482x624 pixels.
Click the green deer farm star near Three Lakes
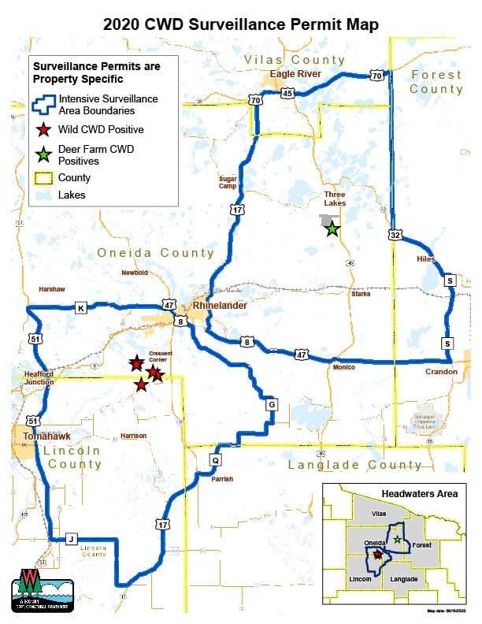(x=332, y=228)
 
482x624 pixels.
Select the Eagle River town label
(x=296, y=75)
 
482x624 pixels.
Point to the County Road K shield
(x=80, y=306)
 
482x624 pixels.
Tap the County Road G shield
(x=272, y=404)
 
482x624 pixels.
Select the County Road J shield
(x=71, y=539)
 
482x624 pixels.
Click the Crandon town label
(x=441, y=372)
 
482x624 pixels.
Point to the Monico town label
(x=343, y=367)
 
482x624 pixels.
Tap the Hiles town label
(x=426, y=258)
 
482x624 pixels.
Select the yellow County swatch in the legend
(x=44, y=178)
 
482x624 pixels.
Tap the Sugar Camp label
(x=228, y=183)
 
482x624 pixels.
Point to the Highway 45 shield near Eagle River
(x=287, y=94)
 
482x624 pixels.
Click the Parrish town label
(x=222, y=478)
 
